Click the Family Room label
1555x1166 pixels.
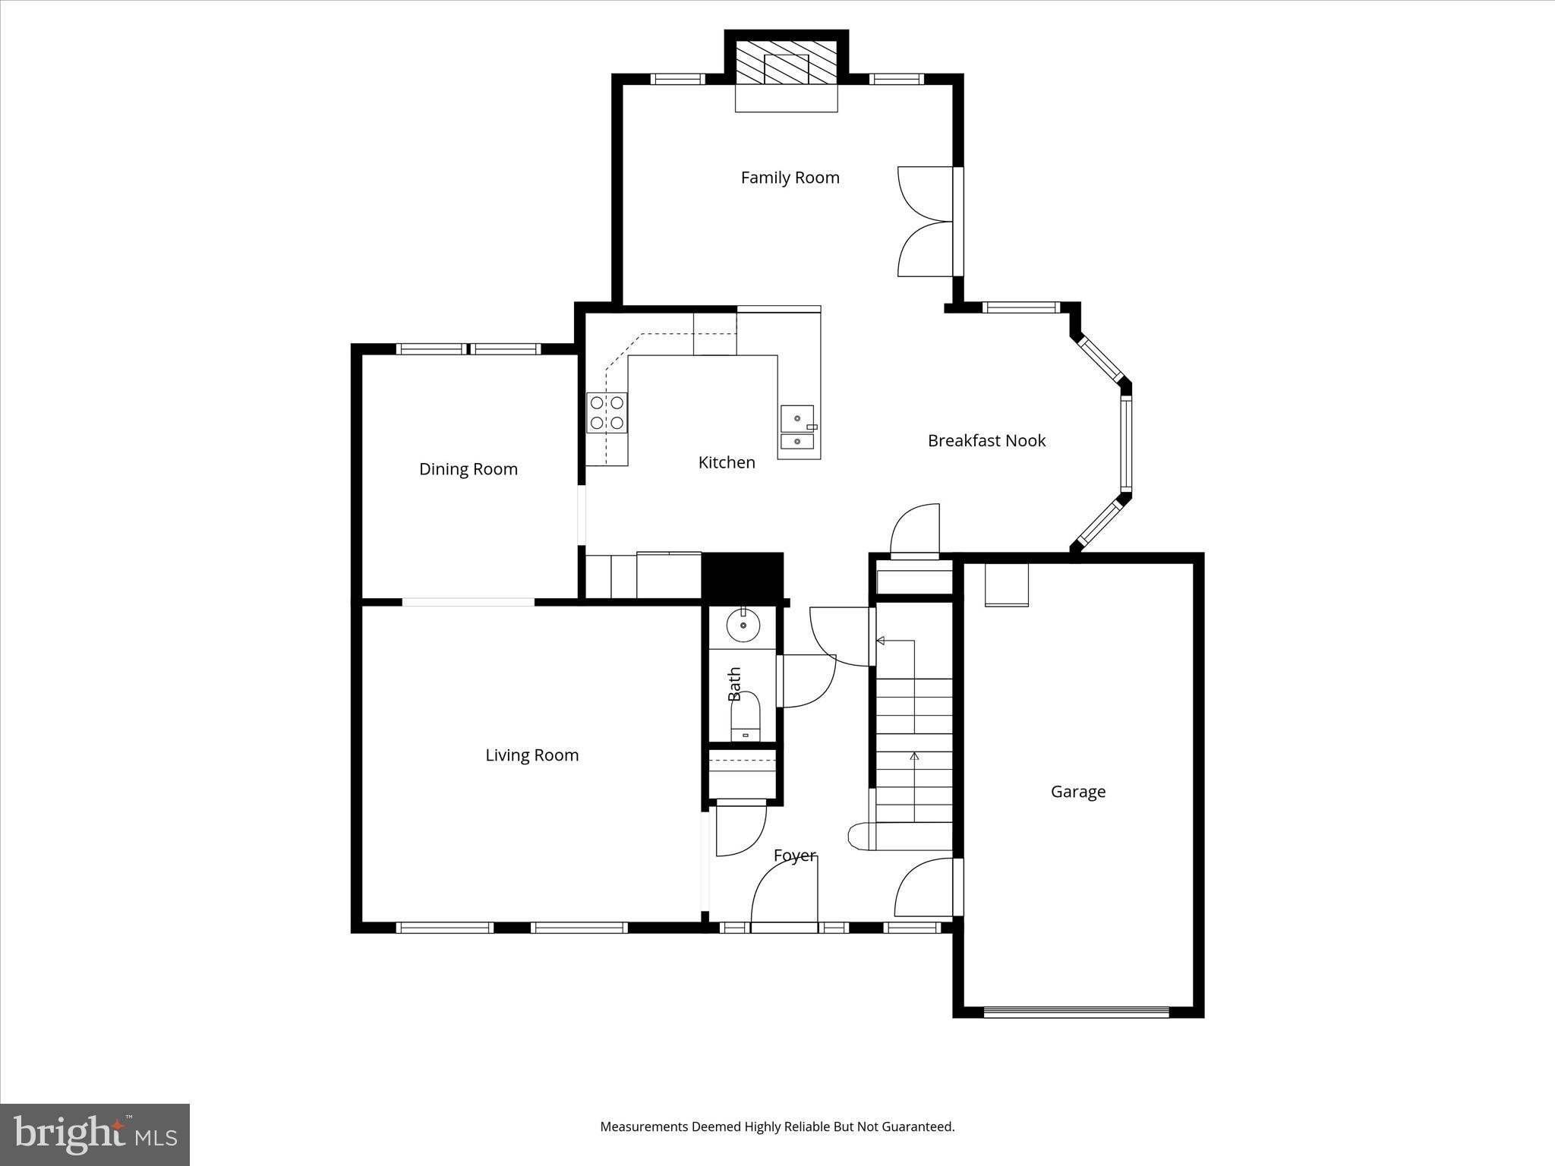coord(790,178)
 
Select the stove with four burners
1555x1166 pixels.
coord(607,413)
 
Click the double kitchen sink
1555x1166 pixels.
coord(797,430)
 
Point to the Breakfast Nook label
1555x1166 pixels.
coord(986,441)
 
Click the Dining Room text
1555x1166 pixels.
coord(468,469)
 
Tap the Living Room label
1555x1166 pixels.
coord(531,755)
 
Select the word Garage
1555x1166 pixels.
coord(1077,792)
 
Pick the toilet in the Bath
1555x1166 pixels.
coord(745,717)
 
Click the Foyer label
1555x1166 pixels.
coord(794,856)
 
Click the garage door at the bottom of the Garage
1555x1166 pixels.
coord(1076,1011)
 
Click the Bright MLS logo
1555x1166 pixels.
coord(95,1134)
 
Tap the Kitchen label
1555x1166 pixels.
coord(727,462)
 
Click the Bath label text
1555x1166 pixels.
coord(734,684)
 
